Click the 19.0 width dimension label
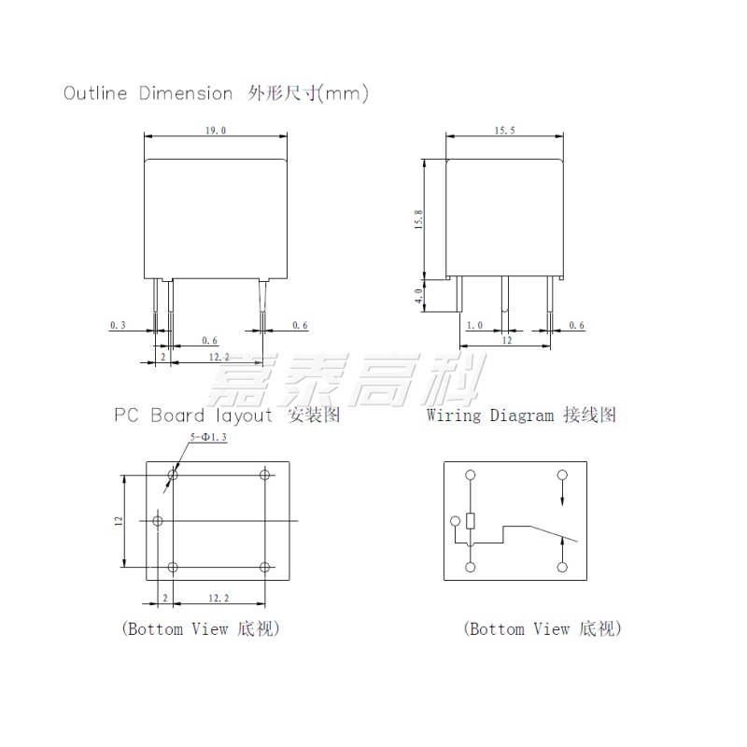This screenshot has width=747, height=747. point(216,131)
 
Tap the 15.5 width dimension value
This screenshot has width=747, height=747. point(504,131)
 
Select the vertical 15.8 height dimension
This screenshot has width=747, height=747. point(418,219)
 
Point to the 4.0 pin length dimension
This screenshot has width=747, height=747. point(418,295)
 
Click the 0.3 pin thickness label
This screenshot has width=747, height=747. point(118,325)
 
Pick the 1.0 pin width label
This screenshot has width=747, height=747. point(474,325)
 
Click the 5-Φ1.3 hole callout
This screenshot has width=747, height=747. point(208,437)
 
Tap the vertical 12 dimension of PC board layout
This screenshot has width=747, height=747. point(119,521)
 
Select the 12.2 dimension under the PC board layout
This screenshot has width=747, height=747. point(218,598)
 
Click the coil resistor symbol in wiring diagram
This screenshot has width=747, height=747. point(471,521)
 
